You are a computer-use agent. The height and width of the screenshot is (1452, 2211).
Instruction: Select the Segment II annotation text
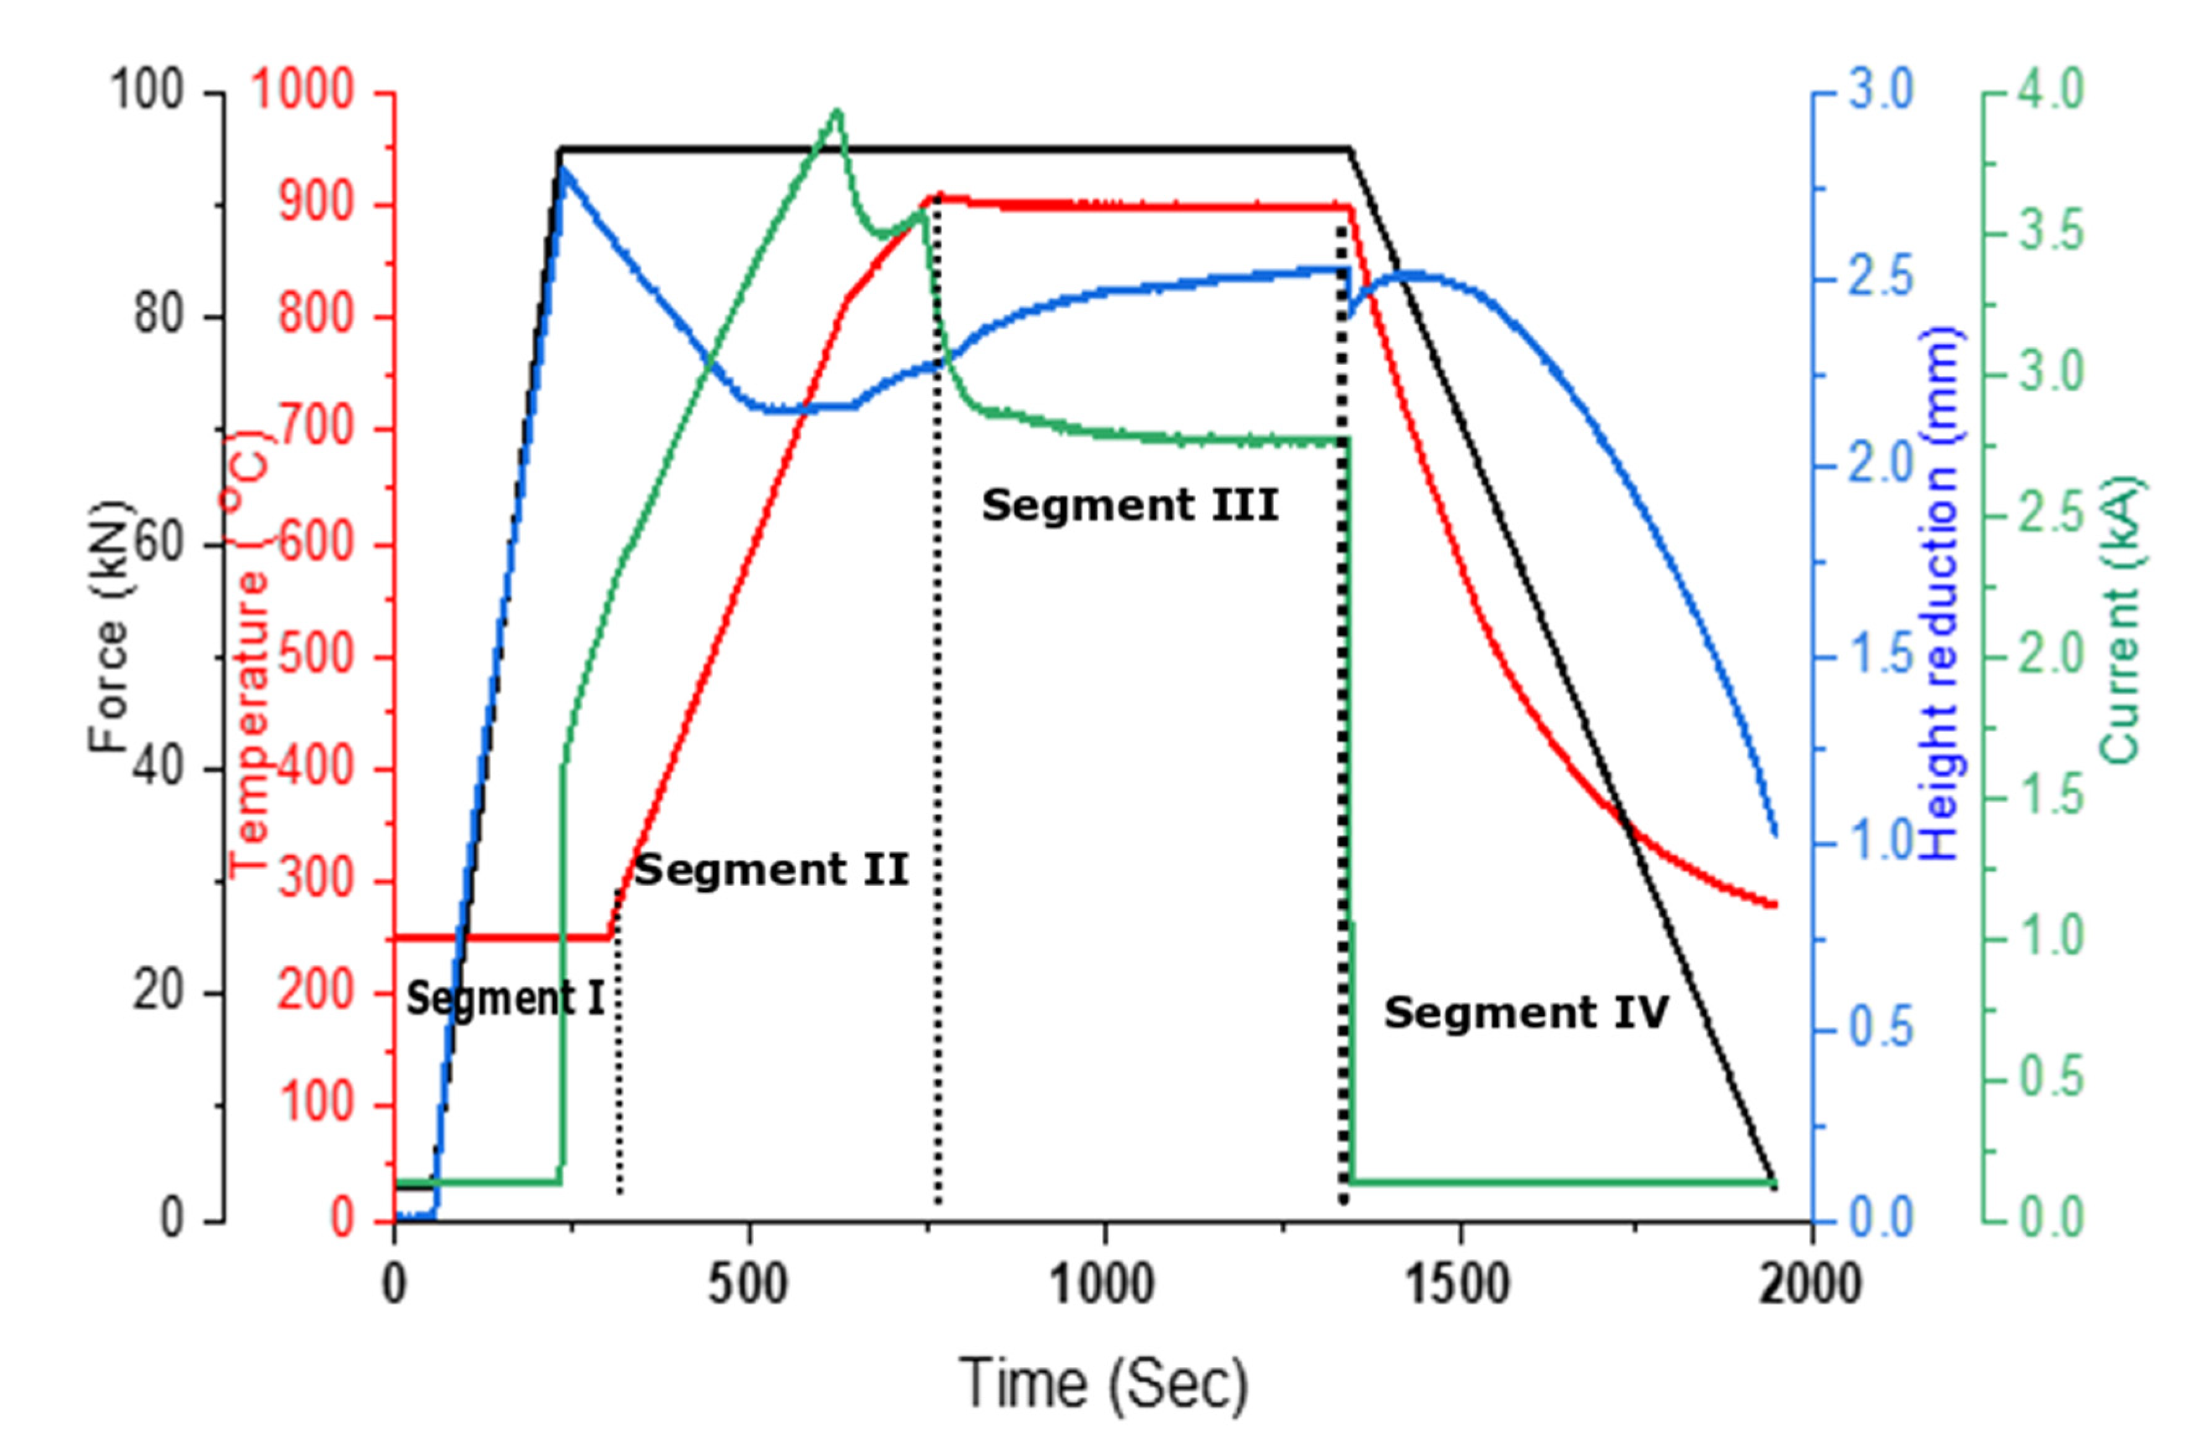(x=770, y=870)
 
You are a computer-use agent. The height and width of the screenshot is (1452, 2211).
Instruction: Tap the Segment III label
(x=1130, y=505)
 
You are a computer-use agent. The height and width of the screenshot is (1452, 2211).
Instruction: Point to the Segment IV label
(x=1526, y=1013)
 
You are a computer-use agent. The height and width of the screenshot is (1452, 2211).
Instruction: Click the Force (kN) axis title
(x=110, y=626)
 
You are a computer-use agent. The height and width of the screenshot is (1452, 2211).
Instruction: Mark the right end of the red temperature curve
(x=1774, y=904)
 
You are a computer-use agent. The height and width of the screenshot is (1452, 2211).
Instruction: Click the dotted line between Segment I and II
(x=619, y=1041)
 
